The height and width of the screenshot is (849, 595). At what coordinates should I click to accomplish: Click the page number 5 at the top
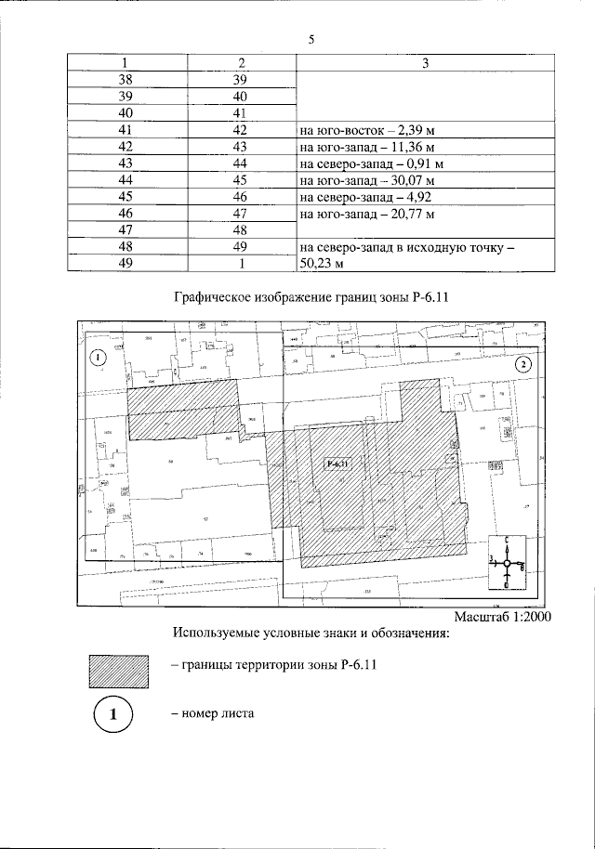pos(311,39)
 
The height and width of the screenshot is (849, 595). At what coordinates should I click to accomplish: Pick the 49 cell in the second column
pos(240,247)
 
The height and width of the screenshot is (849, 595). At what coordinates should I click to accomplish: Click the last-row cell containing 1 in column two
pos(240,264)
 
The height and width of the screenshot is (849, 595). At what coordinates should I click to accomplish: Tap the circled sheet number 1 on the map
pos(99,357)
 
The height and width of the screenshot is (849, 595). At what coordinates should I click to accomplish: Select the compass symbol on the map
pos(506,562)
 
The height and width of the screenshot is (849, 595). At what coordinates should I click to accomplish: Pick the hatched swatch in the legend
pos(118,671)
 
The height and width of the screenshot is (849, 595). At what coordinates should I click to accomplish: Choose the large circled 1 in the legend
pos(112,715)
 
